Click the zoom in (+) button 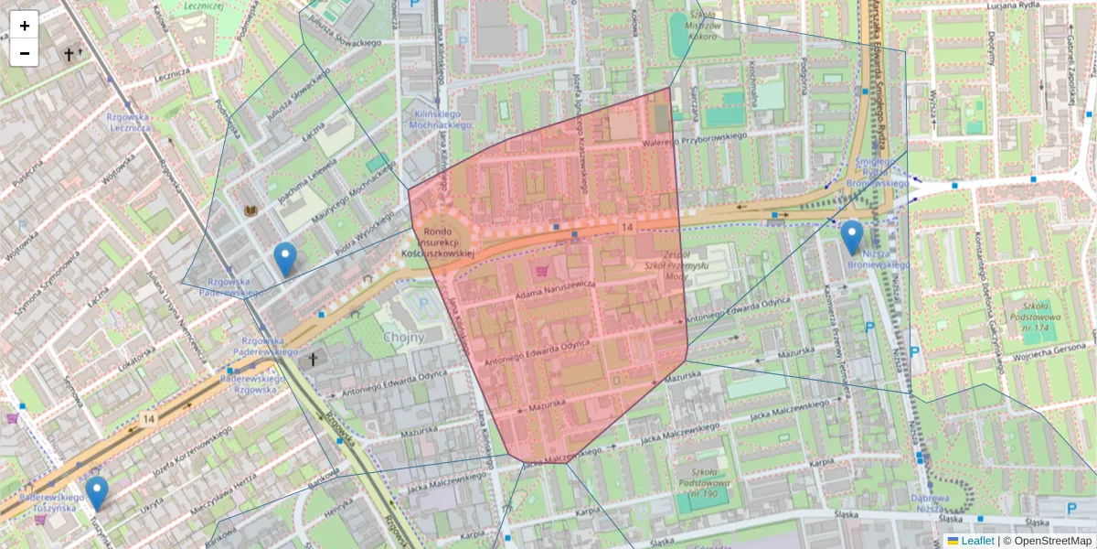coord(25,26)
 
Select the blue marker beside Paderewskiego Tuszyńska coord(96,493)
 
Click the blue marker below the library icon coord(286,260)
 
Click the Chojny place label coord(404,337)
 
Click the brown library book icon coord(251,211)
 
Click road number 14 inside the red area coord(626,226)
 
